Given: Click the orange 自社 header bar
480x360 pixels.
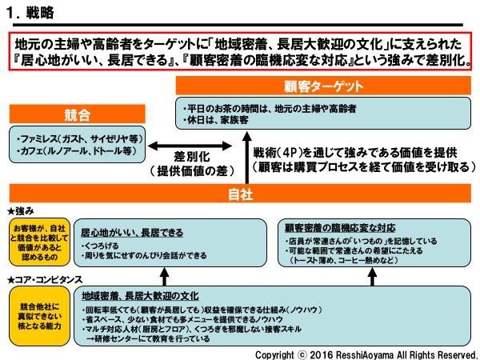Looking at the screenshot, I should pyautogui.click(x=240, y=194).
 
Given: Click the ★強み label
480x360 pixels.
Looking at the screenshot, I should pyautogui.click(x=18, y=212).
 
